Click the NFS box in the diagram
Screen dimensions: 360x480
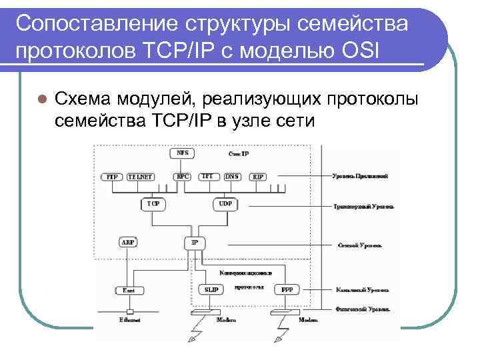click(x=182, y=153)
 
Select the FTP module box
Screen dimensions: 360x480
click(x=112, y=177)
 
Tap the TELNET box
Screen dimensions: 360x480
click(x=140, y=177)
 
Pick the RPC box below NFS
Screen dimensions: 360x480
click(x=181, y=177)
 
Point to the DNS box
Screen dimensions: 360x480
click(x=233, y=177)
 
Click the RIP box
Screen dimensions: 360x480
click(x=258, y=177)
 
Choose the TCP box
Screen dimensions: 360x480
click(x=153, y=203)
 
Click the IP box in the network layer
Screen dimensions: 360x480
click(x=195, y=243)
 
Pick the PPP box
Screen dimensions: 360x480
click(x=287, y=290)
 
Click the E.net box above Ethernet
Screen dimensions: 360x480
click(x=129, y=290)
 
